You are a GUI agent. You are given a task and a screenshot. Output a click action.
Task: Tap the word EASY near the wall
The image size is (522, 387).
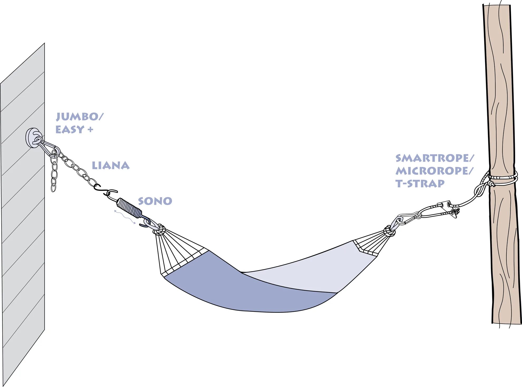tap(70, 130)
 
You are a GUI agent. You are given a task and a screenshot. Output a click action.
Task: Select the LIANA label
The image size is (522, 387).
tap(110, 166)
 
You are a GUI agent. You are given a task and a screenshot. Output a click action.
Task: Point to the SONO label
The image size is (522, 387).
tap(155, 201)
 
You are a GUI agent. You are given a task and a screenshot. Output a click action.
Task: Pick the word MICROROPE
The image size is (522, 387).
tap(433, 171)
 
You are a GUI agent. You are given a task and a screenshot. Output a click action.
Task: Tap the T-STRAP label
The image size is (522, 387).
tap(420, 183)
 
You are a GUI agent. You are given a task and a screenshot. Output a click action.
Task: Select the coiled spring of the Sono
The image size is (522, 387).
tap(129, 208)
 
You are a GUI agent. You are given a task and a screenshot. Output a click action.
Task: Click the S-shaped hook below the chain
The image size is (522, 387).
tap(105, 190)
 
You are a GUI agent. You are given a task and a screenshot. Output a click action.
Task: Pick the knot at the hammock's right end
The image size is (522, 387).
tap(389, 231)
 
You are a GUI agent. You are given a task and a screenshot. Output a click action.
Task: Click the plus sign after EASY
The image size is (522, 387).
tap(90, 130)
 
